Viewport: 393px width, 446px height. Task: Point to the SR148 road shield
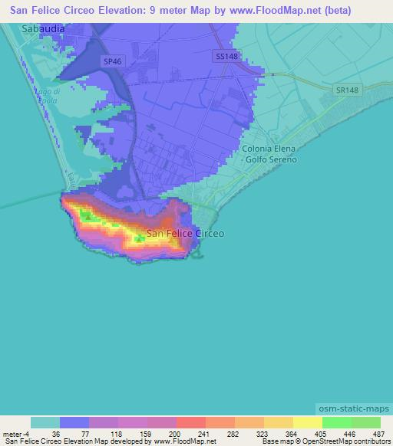pyautogui.click(x=347, y=90)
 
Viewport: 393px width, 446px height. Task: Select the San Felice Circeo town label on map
pyautogui.click(x=185, y=233)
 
